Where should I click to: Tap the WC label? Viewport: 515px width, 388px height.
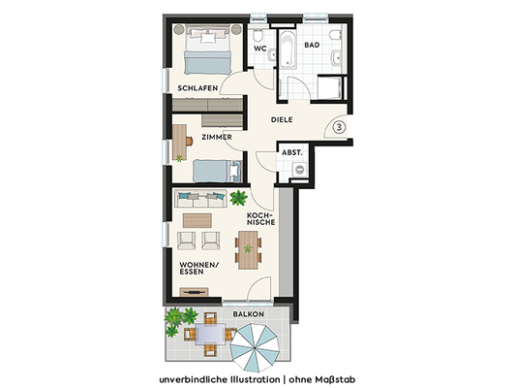(x=259, y=48)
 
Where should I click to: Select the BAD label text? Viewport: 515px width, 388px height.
(x=312, y=45)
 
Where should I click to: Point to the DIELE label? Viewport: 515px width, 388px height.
(x=282, y=120)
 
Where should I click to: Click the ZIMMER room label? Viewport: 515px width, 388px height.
(x=216, y=138)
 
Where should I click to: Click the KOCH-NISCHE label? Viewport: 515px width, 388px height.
(x=261, y=218)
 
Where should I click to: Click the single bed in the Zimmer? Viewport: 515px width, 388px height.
(x=214, y=172)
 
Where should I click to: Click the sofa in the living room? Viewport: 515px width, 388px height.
(x=200, y=199)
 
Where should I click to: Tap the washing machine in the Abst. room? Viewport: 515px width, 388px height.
(x=299, y=171)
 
